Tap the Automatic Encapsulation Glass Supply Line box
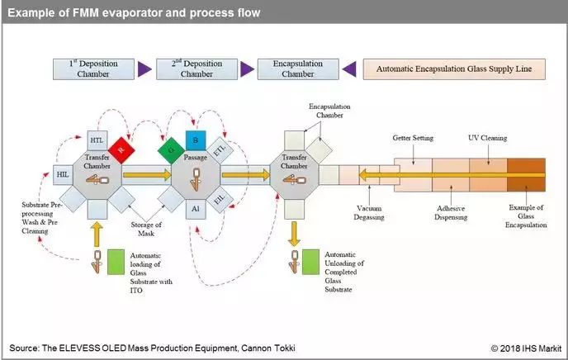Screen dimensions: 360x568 (453, 69)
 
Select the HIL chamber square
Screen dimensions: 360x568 (63, 174)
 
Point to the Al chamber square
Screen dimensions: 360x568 (195, 208)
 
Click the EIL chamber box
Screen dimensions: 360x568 (220, 199)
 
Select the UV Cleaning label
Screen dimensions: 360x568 (489, 138)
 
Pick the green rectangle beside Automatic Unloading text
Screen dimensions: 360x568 (310, 262)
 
